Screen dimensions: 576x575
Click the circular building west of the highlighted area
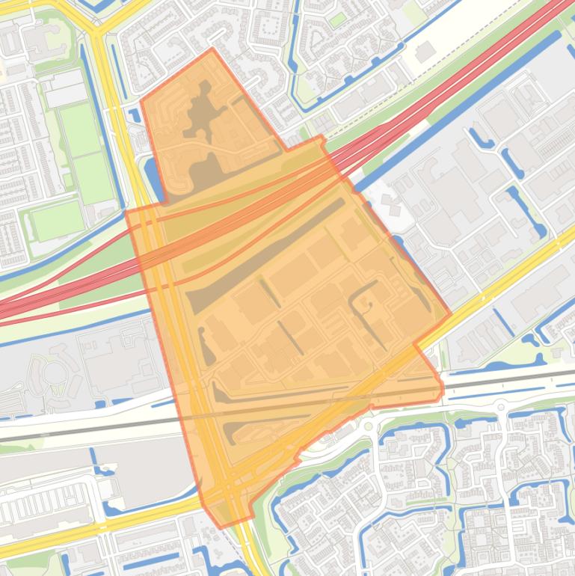pyautogui.click(x=54, y=372)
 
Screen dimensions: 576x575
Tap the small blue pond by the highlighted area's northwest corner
pyautogui.click(x=135, y=115)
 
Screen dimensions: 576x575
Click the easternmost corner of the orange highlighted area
pyautogui.click(x=450, y=315)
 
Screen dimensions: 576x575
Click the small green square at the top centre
pyautogui.click(x=338, y=19)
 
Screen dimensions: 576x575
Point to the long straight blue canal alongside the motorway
pyautogui.click(x=456, y=108)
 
